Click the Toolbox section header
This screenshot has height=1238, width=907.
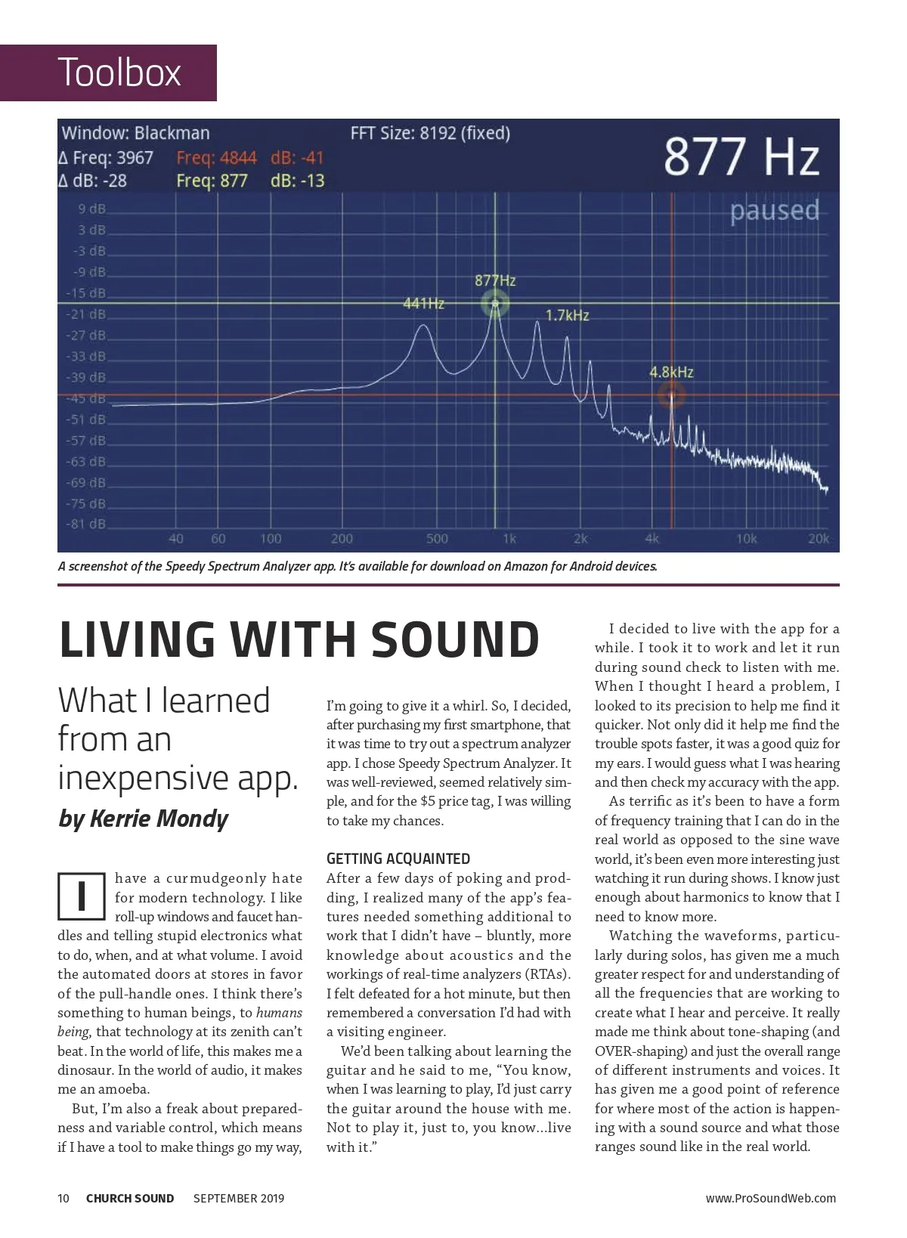(119, 73)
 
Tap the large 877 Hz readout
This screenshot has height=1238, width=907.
(741, 157)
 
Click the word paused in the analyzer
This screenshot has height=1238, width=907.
(774, 210)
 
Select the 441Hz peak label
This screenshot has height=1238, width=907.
(423, 304)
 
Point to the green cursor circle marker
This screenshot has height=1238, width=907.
(495, 305)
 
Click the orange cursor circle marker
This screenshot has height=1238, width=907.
(671, 395)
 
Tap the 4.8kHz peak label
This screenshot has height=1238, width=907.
(671, 372)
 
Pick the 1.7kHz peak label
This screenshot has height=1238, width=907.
(567, 315)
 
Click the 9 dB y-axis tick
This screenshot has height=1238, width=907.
(91, 209)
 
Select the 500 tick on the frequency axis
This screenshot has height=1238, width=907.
(437, 539)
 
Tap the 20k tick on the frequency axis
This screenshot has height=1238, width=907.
(819, 539)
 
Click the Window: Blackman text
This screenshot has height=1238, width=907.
(136, 133)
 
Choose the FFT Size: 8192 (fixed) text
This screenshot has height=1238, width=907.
(430, 133)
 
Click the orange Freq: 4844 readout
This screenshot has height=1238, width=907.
(216, 158)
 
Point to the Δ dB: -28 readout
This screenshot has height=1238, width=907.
(93, 181)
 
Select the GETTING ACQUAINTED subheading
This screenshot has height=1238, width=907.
(398, 859)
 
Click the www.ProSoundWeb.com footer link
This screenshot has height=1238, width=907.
(770, 1198)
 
